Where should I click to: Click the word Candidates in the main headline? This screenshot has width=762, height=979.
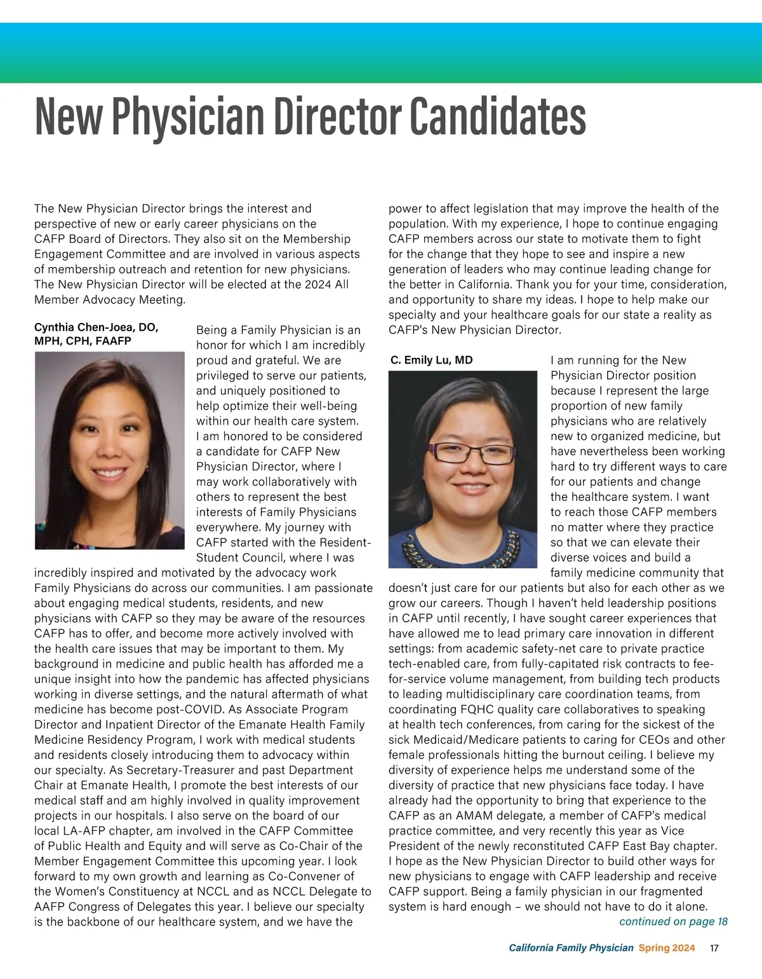[x=497, y=116]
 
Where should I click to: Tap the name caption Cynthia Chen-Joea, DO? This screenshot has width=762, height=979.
[x=96, y=327]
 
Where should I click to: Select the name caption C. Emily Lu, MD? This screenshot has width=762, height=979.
[x=432, y=360]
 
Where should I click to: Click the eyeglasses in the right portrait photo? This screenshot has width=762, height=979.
[x=472, y=453]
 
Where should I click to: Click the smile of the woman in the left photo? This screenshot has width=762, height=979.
[x=110, y=473]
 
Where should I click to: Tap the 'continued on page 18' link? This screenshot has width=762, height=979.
[x=673, y=922]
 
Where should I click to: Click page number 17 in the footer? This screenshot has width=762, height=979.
[x=714, y=948]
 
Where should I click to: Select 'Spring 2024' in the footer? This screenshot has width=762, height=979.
[x=667, y=948]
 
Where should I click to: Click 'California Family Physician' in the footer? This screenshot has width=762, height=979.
[x=571, y=948]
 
